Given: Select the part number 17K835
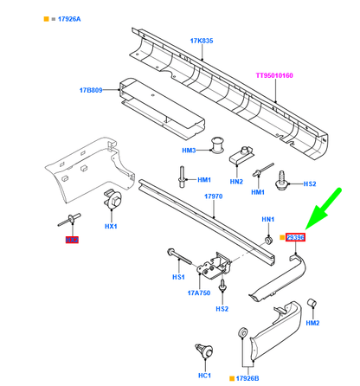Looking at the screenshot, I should [x=203, y=41].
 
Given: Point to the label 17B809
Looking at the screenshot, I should [x=93, y=89].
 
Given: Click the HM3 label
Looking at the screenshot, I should [x=190, y=151].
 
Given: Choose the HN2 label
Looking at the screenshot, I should [x=235, y=182].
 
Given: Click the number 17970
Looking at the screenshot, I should [x=213, y=196].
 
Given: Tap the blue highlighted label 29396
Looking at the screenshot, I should [x=296, y=237].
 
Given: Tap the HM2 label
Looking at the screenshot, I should [x=313, y=323].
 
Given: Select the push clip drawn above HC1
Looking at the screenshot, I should [x=206, y=351].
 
